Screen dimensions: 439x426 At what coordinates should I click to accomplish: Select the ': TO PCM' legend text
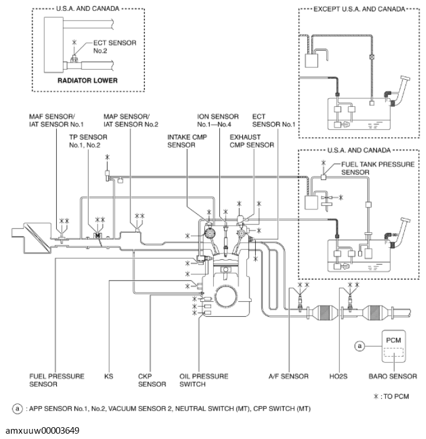[x=393, y=396]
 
